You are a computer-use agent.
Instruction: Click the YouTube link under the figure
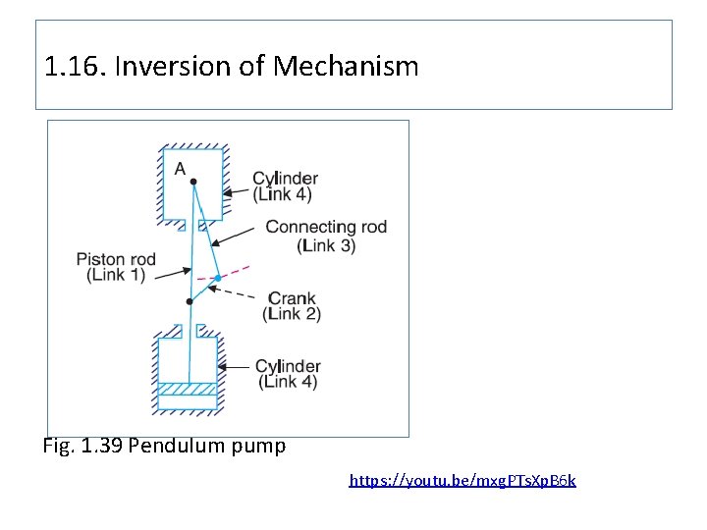(x=462, y=481)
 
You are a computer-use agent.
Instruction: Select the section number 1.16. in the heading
(x=76, y=67)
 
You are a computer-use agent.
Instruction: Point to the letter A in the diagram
(x=180, y=169)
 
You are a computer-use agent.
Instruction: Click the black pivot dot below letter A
(x=193, y=182)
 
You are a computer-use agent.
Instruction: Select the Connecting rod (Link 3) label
(x=326, y=237)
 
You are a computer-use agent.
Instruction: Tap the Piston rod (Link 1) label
(x=116, y=267)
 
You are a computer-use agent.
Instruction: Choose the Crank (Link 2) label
(x=293, y=305)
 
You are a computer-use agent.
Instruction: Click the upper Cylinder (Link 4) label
(x=285, y=186)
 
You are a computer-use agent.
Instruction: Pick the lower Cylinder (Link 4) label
(x=288, y=374)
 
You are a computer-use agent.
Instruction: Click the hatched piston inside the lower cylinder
(x=189, y=389)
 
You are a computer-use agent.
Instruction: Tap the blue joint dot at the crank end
(x=218, y=279)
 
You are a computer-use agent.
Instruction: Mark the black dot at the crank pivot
(x=190, y=301)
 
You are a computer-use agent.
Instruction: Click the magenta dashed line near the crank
(x=236, y=270)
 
